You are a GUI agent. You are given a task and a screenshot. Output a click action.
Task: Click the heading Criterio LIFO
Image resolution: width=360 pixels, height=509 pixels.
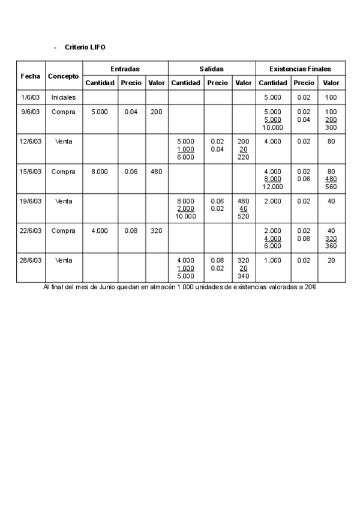tap(85, 47)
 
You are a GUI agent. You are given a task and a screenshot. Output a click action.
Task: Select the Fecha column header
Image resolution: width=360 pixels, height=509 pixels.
tap(31, 76)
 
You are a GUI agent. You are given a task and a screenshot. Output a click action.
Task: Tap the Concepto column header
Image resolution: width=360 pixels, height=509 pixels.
tap(64, 76)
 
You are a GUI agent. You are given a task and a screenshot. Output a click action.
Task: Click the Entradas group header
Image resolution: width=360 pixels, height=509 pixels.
tap(125, 69)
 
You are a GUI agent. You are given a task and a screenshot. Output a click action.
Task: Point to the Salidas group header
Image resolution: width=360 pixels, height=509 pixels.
tap(211, 69)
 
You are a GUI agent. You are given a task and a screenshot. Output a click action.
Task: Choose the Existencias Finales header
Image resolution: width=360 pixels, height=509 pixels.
tap(301, 69)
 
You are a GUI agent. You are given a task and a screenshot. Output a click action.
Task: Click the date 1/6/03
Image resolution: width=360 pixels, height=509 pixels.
tap(31, 97)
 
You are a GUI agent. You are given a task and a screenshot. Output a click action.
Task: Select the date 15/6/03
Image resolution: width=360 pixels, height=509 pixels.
tap(31, 171)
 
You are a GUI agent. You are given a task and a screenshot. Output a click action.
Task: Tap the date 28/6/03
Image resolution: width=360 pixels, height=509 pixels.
tap(31, 260)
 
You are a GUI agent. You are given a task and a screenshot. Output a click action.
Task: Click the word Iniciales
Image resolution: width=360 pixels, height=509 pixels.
tap(64, 97)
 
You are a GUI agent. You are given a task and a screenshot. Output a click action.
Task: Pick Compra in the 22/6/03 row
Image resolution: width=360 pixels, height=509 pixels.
tap(64, 230)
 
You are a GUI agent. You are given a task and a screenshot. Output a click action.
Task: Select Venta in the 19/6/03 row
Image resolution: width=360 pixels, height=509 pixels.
tap(64, 201)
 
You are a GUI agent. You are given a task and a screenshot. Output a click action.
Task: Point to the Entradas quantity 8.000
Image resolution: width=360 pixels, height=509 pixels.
tap(100, 171)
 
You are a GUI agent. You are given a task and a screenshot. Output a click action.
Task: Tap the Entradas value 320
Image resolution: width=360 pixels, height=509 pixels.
tap(156, 230)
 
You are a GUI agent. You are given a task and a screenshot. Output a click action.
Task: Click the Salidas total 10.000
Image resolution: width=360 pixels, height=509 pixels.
tap(186, 216)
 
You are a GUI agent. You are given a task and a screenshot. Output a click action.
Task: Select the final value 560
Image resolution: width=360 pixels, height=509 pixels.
tap(331, 186)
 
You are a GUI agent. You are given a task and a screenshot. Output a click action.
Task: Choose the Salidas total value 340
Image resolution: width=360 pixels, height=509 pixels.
tap(244, 276)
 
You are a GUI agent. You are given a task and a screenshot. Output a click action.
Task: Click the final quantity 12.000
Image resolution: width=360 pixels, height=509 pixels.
tap(273, 186)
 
